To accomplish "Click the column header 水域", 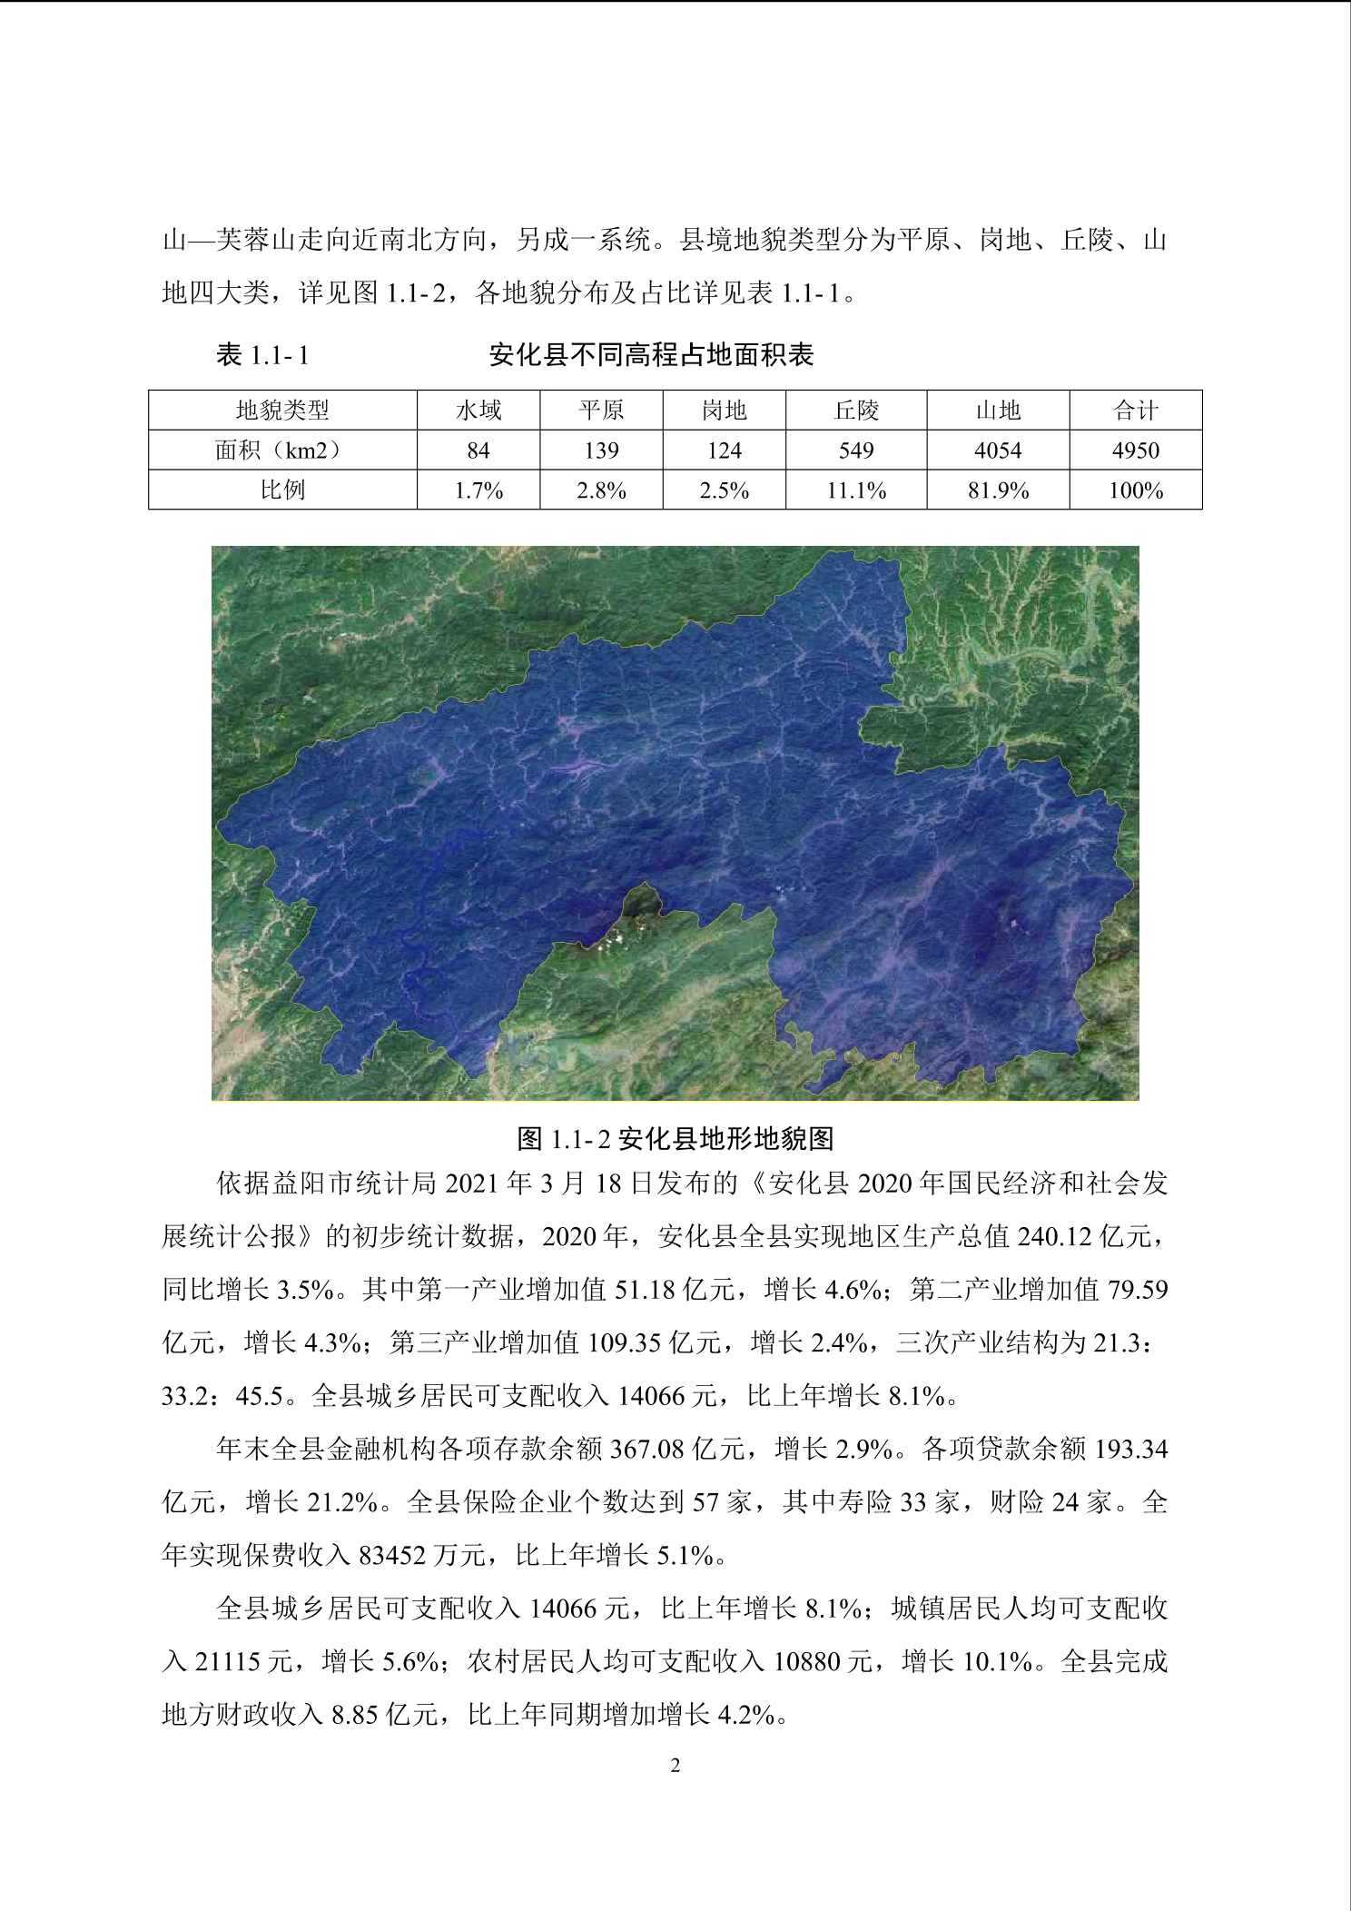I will click(x=478, y=411).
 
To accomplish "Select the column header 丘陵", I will click(x=856, y=411).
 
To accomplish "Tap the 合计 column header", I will click(x=1135, y=411).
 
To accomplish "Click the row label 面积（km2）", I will click(x=282, y=451).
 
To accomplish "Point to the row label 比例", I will click(x=282, y=490).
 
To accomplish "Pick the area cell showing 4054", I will click(x=998, y=451).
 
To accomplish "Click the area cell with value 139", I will click(x=601, y=451).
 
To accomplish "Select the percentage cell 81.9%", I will click(x=998, y=490).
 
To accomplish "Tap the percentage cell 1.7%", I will click(x=478, y=490).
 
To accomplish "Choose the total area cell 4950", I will click(x=1135, y=451).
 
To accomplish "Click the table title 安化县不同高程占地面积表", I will click(x=651, y=355).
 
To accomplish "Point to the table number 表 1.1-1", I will click(x=262, y=355).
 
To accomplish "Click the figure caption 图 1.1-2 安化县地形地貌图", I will click(x=675, y=1138).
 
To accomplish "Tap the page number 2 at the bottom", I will click(x=675, y=1766).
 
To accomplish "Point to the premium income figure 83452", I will click(x=391, y=1555).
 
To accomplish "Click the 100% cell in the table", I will click(x=1135, y=490).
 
